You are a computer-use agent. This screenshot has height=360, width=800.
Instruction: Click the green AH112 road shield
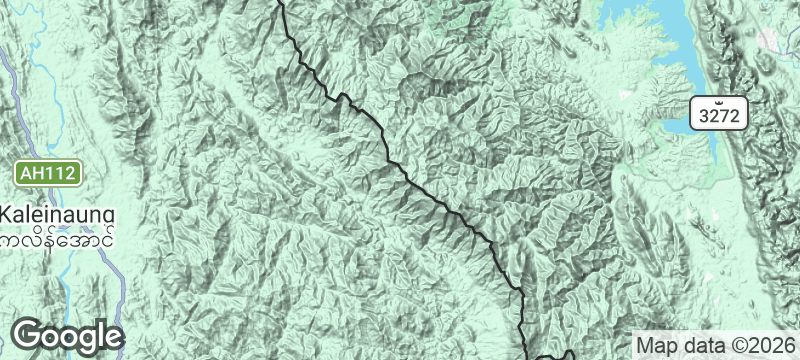(47, 173)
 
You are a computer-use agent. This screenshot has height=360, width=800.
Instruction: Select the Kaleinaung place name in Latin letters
(58, 215)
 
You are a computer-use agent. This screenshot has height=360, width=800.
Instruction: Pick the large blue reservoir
(650, 40)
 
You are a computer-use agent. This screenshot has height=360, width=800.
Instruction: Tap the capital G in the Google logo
(28, 335)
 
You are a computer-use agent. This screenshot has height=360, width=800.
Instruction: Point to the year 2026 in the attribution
(776, 344)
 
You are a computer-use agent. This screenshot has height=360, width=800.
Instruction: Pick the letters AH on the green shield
(33, 173)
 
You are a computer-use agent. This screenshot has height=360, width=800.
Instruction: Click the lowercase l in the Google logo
(103, 334)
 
